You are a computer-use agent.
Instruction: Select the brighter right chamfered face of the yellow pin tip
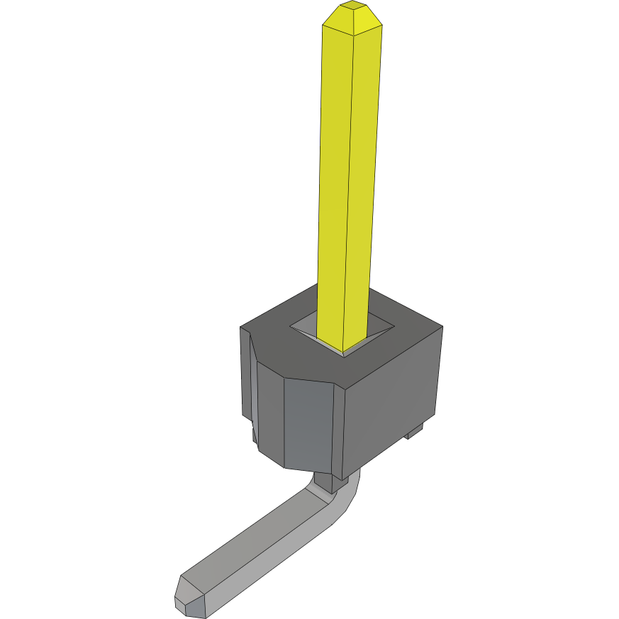[367, 21]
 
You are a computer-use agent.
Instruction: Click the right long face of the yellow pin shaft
[364, 177]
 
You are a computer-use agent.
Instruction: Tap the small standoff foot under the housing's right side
[416, 430]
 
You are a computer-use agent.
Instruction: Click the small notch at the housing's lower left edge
[252, 433]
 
